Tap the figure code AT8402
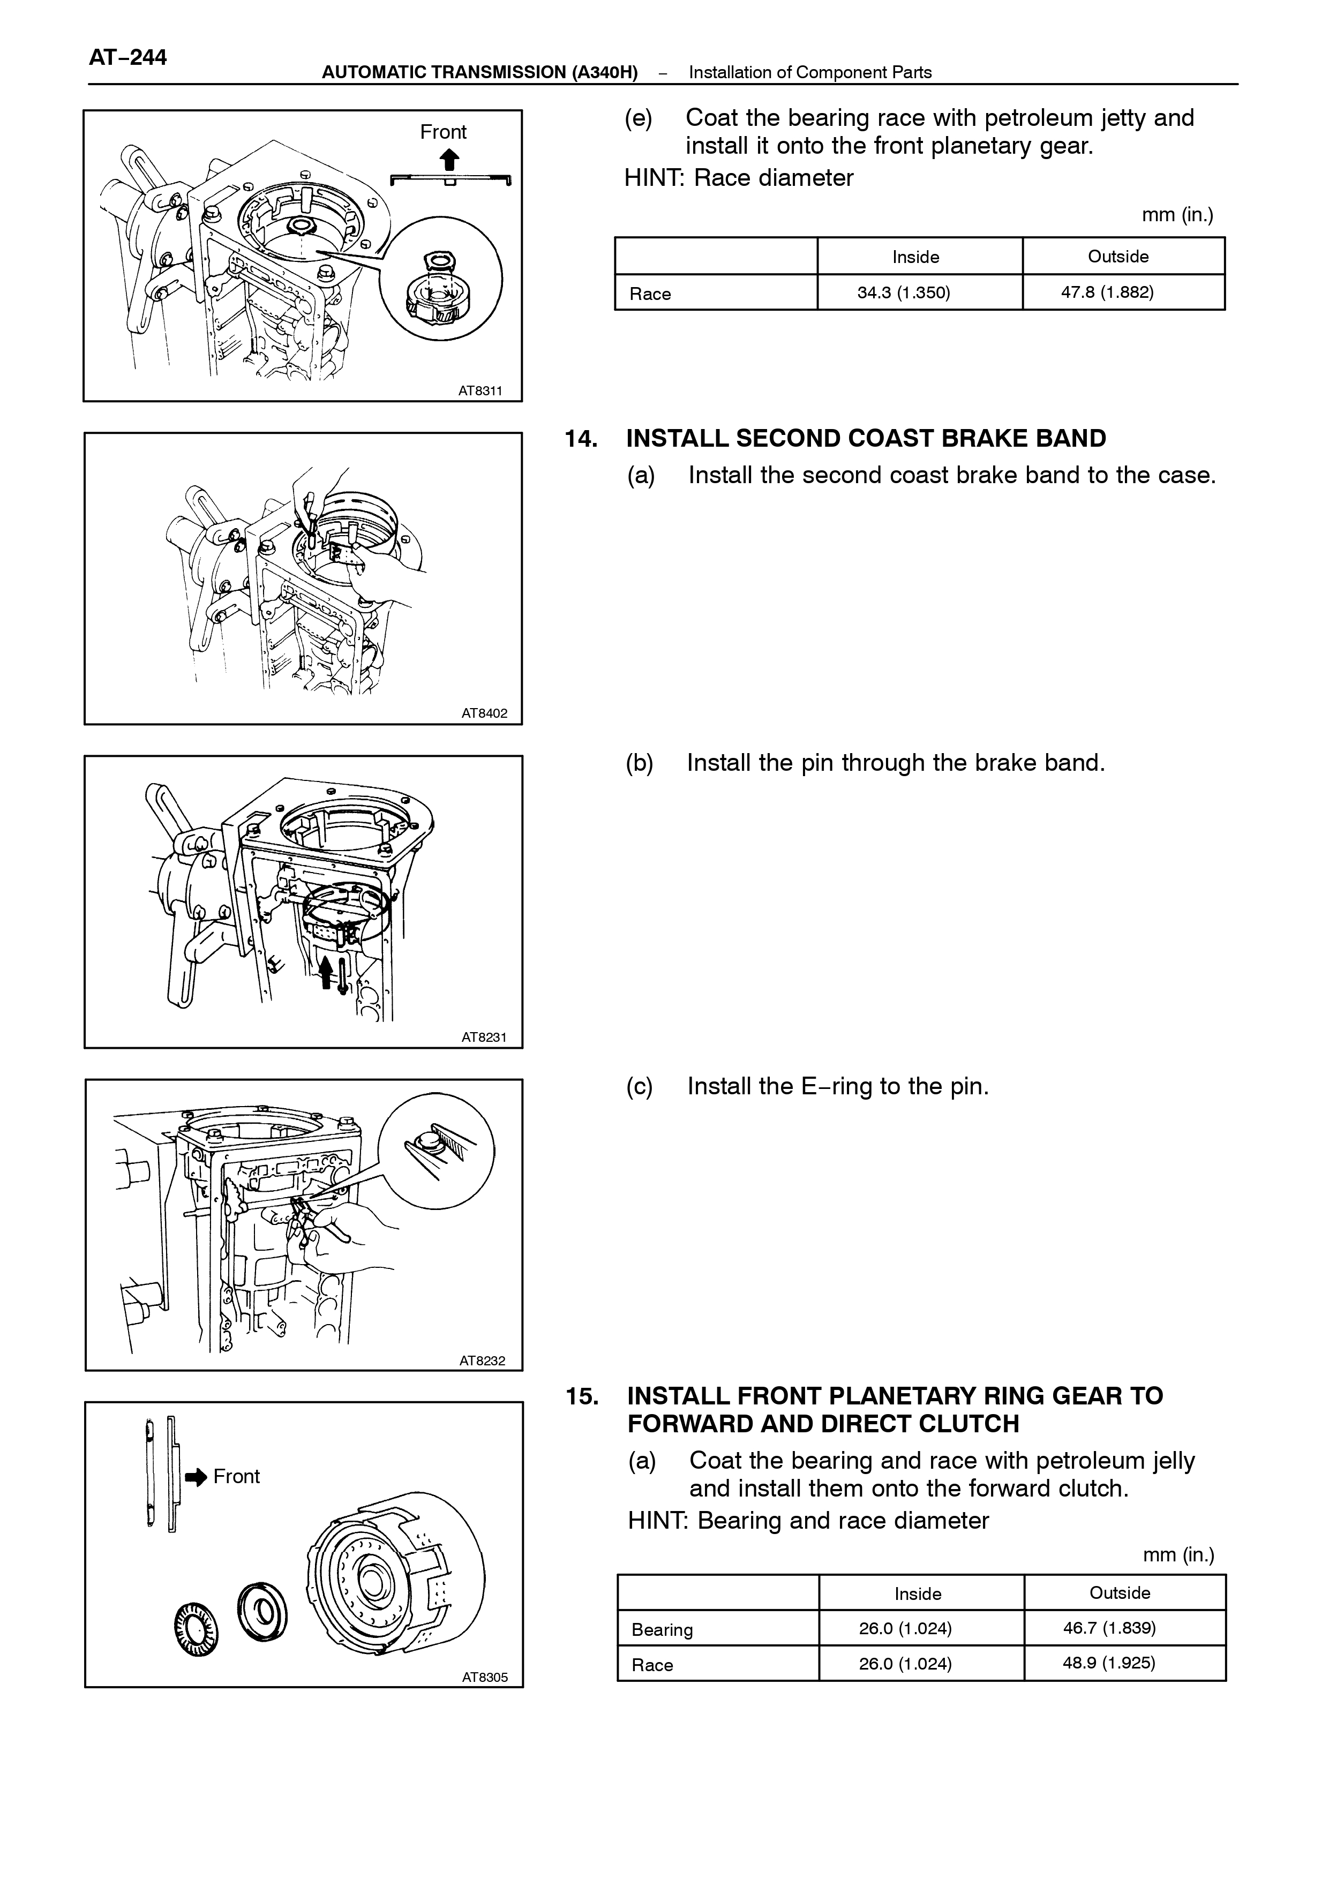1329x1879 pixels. click(x=484, y=713)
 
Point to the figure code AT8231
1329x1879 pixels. click(x=484, y=1038)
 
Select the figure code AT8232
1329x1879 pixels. click(x=483, y=1361)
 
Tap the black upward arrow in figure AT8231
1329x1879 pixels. click(x=326, y=970)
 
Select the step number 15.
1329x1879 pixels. click(x=582, y=1396)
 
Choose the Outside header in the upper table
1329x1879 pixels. click(x=1118, y=256)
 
